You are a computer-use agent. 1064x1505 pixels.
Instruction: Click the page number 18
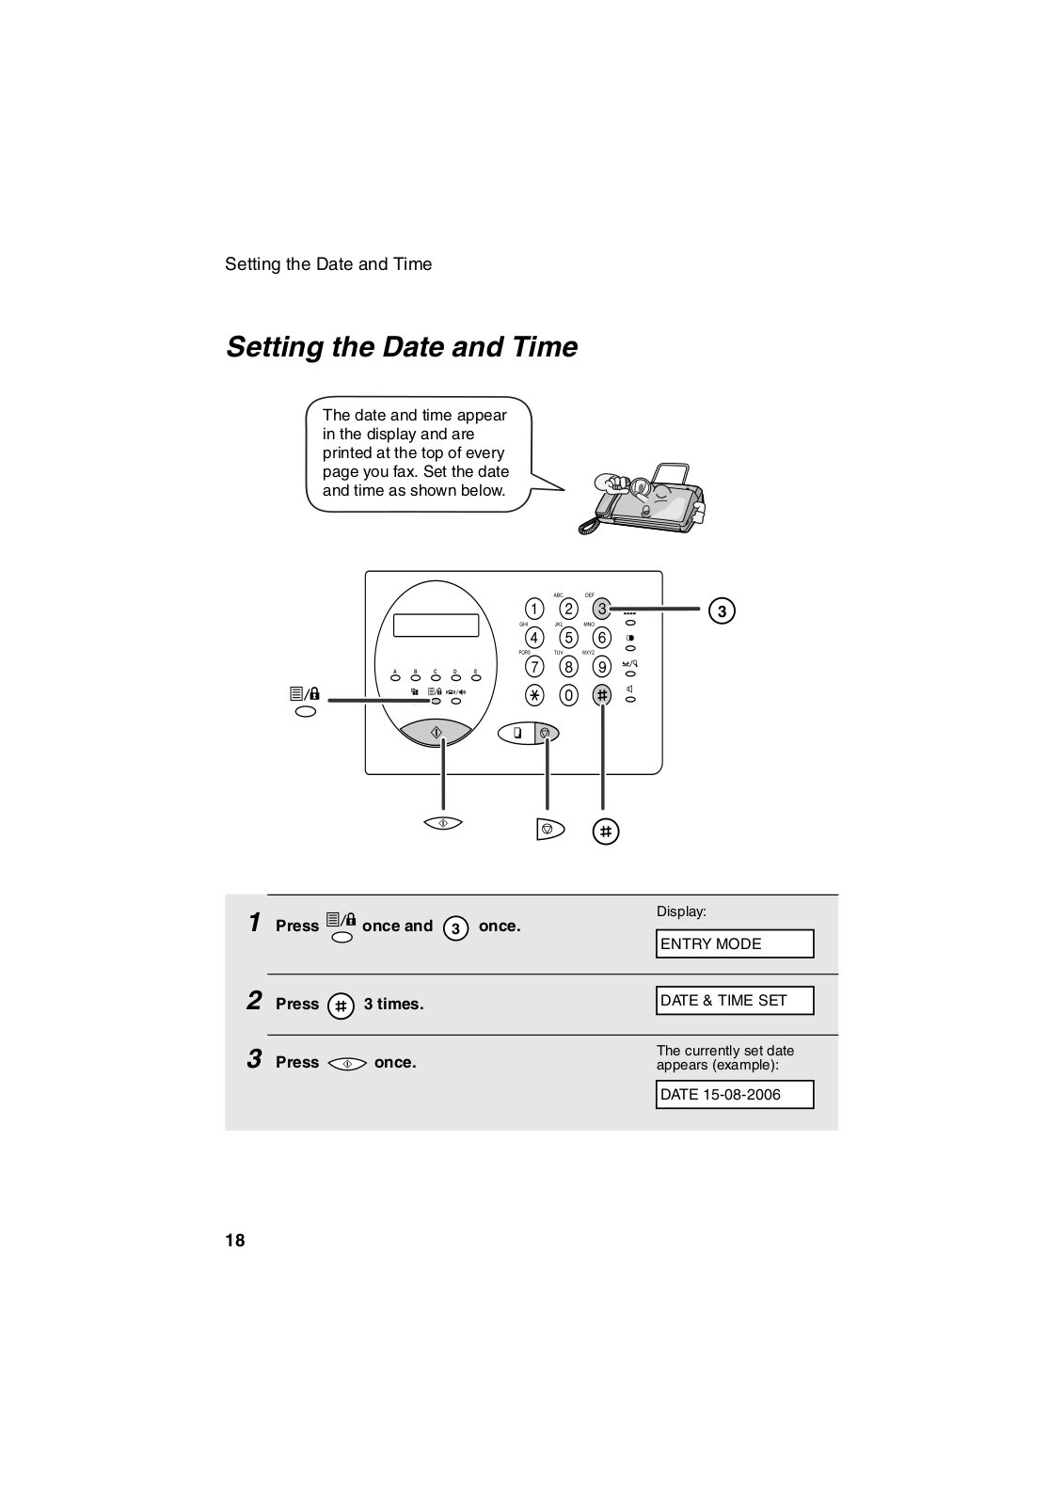(x=235, y=1241)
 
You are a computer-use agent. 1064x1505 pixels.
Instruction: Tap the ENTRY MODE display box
(x=735, y=943)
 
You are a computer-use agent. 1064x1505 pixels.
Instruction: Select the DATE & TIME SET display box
(x=735, y=1001)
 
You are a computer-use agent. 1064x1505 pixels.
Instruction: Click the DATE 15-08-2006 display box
(x=735, y=1095)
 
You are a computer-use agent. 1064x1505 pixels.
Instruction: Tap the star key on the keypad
(x=534, y=695)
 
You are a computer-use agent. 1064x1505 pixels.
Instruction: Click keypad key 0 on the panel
(x=568, y=695)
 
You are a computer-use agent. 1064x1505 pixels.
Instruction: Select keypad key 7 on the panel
(x=534, y=667)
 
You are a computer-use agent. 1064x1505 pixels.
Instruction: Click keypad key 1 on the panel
(x=534, y=609)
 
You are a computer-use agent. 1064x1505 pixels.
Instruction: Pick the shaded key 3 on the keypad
(x=602, y=609)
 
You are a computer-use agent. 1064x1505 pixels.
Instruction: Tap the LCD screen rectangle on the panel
(x=437, y=625)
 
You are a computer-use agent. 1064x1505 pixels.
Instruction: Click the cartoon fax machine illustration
(x=642, y=499)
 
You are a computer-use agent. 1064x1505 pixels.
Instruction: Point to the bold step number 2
(x=254, y=1001)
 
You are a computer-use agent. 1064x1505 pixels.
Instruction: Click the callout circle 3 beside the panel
(x=722, y=610)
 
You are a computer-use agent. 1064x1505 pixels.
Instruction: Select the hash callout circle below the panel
(x=606, y=832)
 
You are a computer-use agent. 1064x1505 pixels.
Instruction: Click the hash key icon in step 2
(x=341, y=1006)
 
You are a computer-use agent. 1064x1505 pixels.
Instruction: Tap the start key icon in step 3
(x=347, y=1064)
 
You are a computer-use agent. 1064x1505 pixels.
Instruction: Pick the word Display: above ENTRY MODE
(x=681, y=911)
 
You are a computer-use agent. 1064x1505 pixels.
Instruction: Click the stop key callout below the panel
(x=549, y=829)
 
